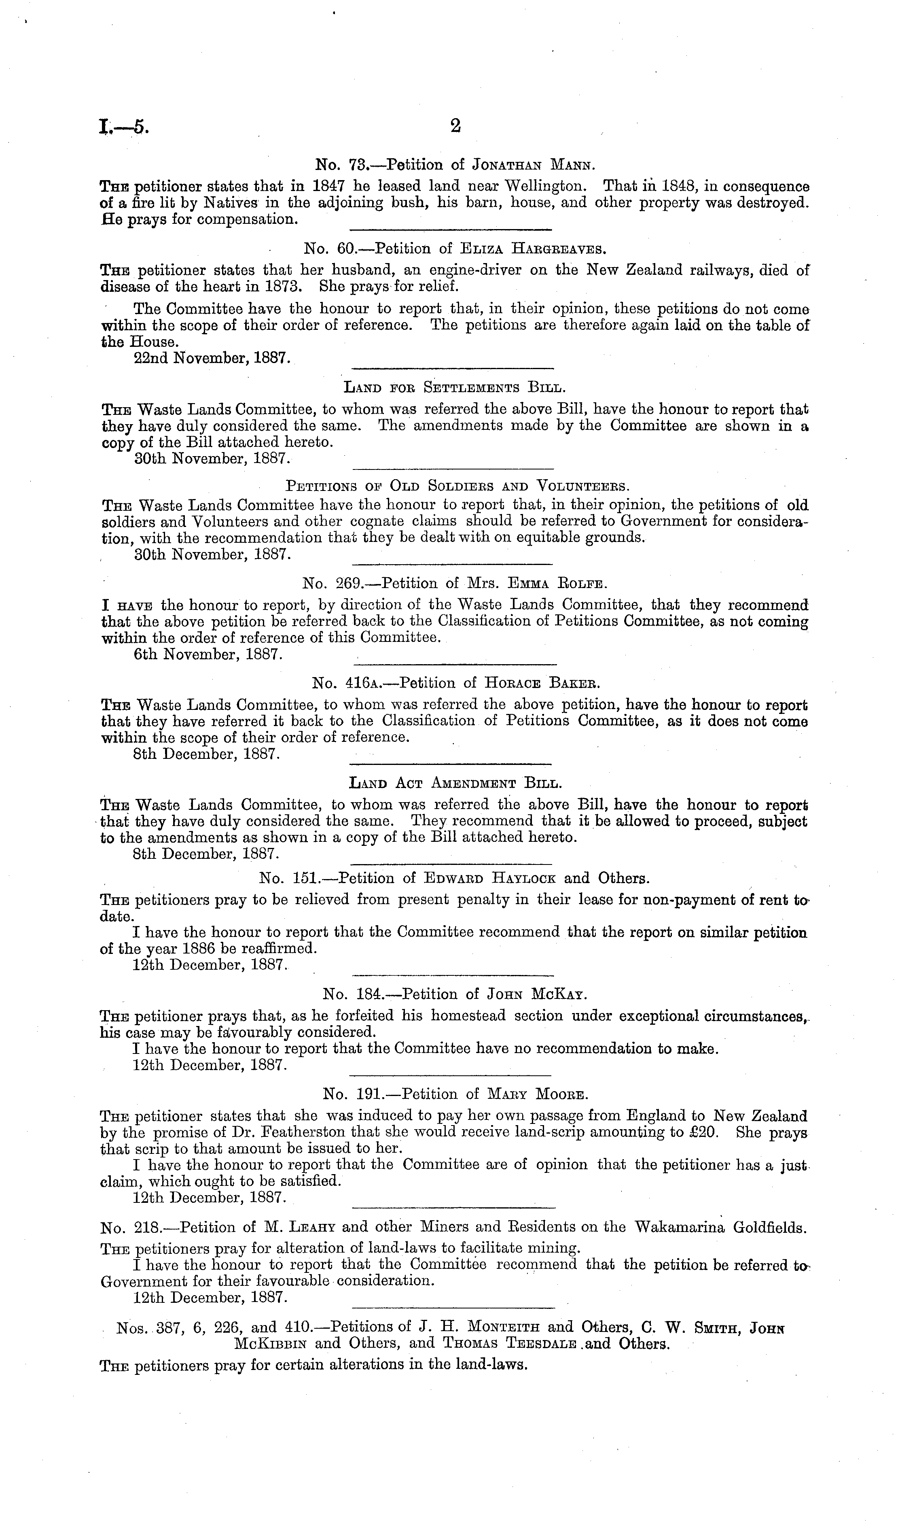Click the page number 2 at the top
click(455, 126)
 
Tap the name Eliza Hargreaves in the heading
click(533, 249)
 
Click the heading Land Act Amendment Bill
click(456, 784)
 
